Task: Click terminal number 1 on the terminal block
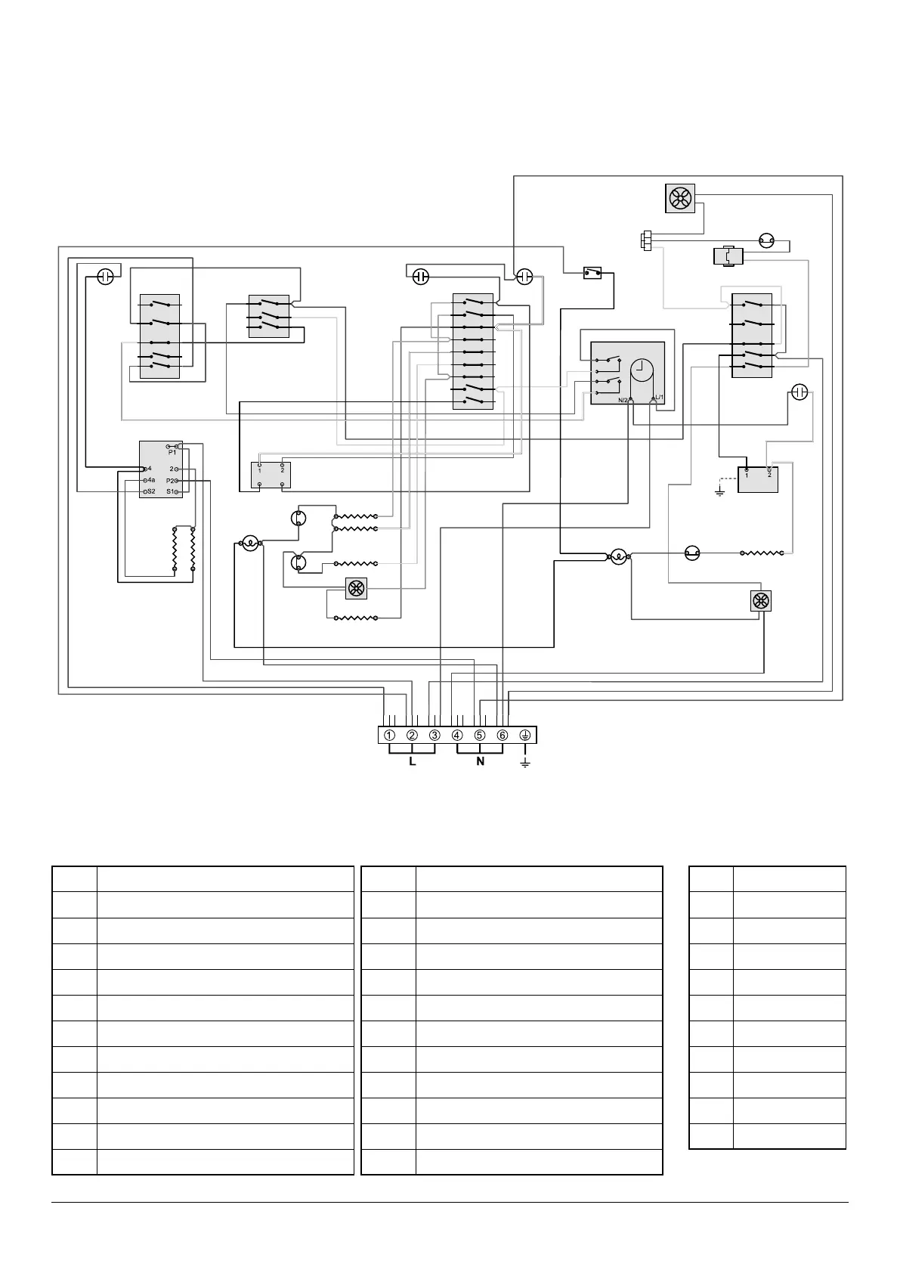(388, 736)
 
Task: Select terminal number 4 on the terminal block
(457, 736)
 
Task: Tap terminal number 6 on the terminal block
(503, 736)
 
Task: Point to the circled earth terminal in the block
(525, 736)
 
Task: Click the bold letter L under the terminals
(413, 762)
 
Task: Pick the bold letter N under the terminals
(480, 762)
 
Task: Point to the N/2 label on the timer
(623, 400)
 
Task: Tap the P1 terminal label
(172, 452)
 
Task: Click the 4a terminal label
(151, 480)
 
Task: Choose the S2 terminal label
(150, 491)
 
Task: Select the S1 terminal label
(170, 492)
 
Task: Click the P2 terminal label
(170, 481)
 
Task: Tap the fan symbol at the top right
(679, 199)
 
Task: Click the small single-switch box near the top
(592, 271)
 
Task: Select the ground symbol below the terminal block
(525, 763)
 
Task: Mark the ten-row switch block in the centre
(472, 352)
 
